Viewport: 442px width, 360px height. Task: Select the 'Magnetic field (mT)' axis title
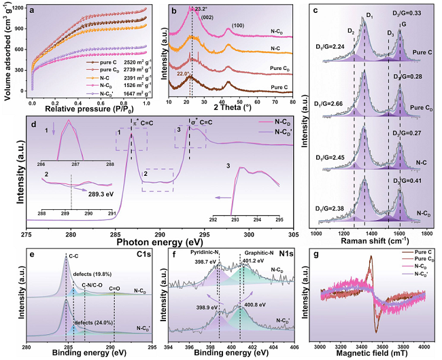pos(373,353)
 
